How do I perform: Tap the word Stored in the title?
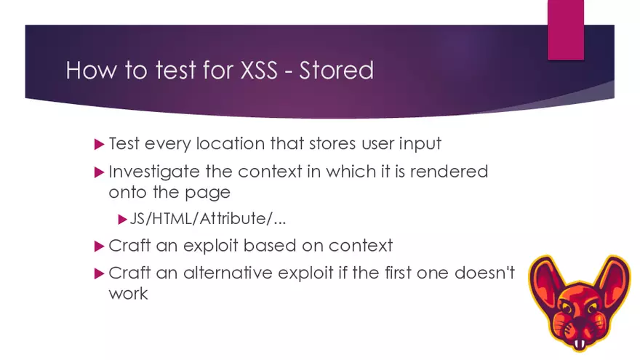point(337,71)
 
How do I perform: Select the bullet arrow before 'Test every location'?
point(100,144)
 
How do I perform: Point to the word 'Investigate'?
point(152,172)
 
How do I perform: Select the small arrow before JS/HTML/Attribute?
point(122,219)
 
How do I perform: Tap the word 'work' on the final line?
point(128,293)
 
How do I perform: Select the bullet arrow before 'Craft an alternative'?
point(100,274)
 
